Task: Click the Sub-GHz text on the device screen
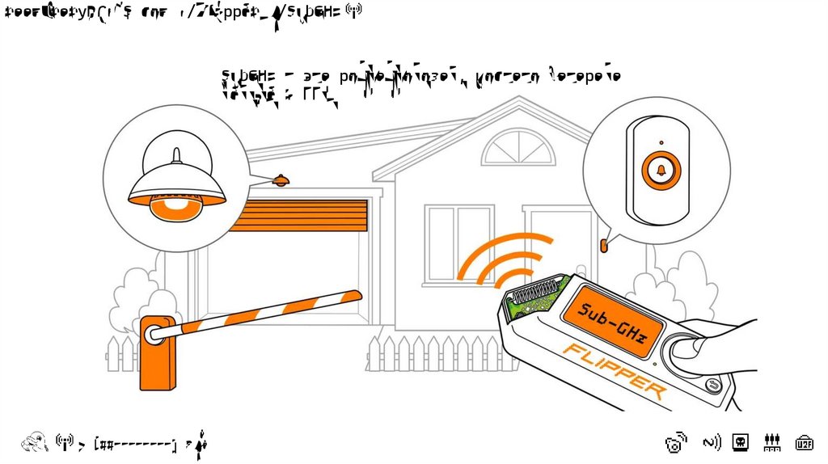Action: click(x=612, y=323)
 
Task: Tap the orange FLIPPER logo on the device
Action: click(x=615, y=371)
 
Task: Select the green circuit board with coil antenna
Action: click(x=534, y=296)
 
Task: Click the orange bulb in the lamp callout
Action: click(x=175, y=209)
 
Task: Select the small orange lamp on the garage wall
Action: click(x=281, y=180)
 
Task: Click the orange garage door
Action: click(x=298, y=215)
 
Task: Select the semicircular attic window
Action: click(x=518, y=149)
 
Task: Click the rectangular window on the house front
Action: click(x=458, y=243)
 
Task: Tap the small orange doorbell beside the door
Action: click(x=603, y=243)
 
